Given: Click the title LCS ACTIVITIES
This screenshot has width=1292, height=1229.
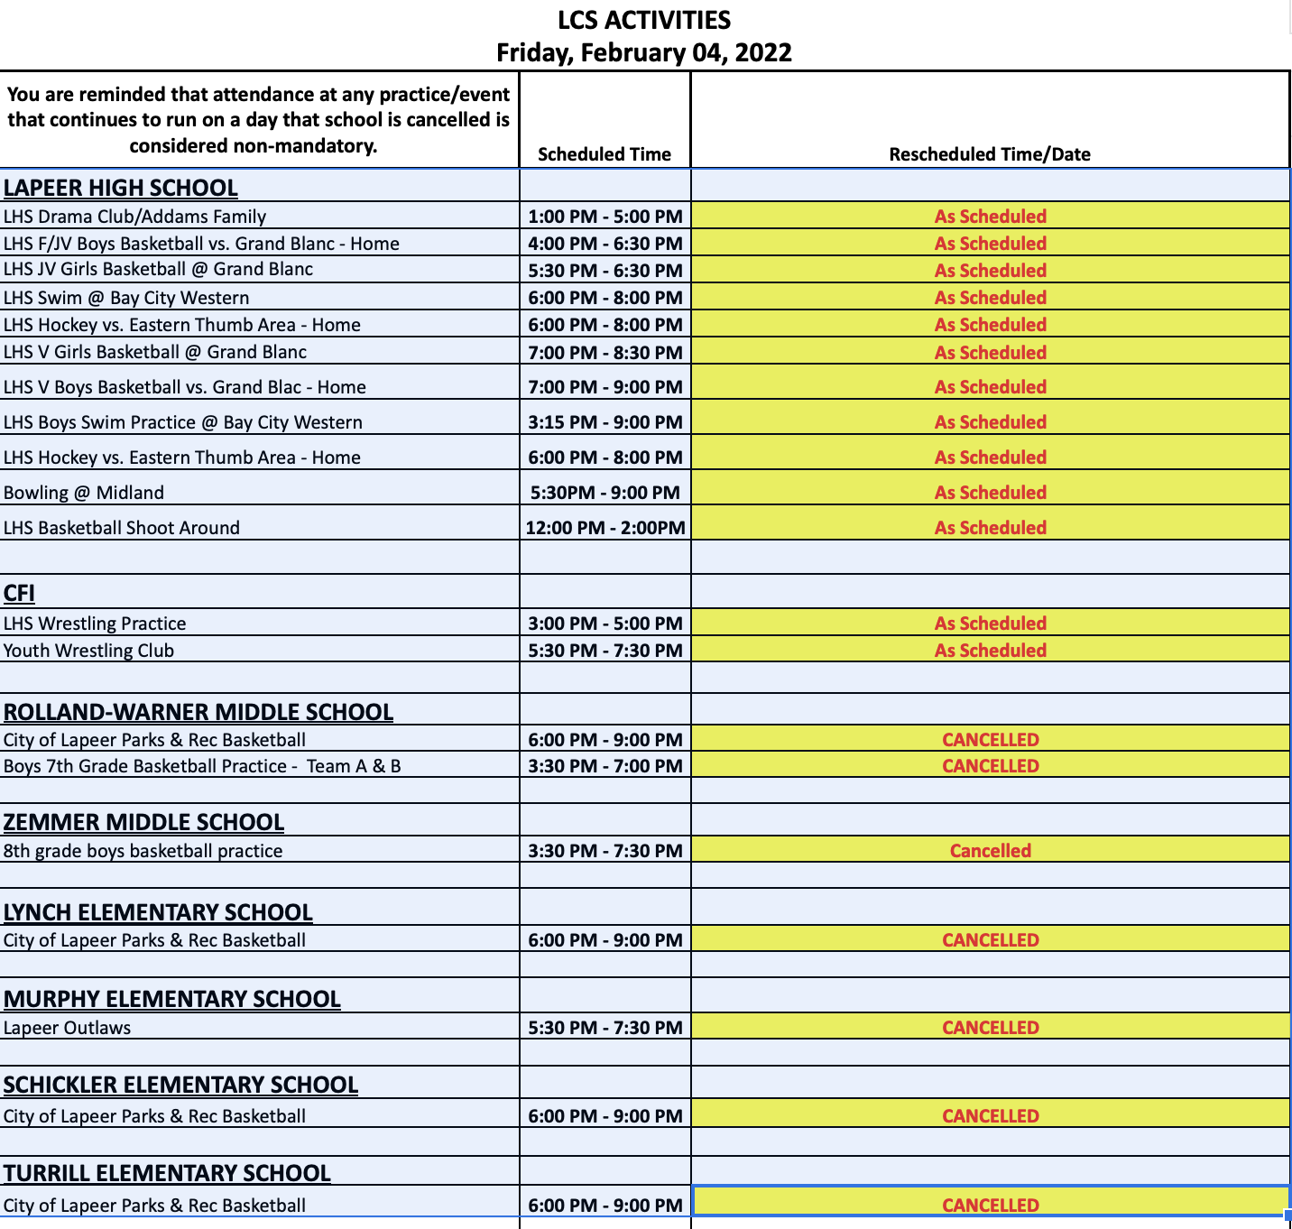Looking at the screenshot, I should coord(644,20).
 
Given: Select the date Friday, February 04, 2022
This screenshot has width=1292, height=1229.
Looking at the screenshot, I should coord(644,52).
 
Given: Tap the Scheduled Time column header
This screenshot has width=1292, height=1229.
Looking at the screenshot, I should coord(604,154).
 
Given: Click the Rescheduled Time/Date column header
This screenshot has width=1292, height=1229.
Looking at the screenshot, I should coord(990,154).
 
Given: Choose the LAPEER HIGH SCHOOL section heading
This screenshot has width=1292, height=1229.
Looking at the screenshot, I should coord(121,188).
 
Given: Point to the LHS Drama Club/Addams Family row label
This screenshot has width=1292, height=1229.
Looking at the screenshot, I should coord(135,217).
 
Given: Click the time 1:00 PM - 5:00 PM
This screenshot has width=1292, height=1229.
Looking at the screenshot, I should coord(605,217).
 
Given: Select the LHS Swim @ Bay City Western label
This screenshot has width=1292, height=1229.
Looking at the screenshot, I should coord(126,298).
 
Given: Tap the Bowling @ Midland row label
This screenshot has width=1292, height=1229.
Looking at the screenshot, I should coord(84,493).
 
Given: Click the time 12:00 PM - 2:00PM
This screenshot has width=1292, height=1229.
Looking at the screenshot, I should coord(605,528).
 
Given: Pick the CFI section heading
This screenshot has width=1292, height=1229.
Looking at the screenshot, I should coord(19,593).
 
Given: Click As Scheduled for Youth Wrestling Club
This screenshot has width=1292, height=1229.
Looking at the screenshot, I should coord(990,651).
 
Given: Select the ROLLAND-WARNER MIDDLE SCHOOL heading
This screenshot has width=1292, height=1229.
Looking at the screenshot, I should coord(198,712).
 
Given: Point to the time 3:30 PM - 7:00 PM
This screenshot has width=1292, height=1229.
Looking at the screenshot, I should coord(605,766).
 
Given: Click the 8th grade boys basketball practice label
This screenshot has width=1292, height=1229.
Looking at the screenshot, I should coord(143,851).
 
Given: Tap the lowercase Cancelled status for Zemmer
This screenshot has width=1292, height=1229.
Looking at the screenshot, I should coord(990,851).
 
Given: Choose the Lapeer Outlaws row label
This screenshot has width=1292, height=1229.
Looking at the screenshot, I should coord(68,1028).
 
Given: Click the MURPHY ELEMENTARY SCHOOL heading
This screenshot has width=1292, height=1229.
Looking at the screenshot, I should coord(172,999).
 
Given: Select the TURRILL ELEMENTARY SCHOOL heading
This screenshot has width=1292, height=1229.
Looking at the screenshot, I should coord(168,1173).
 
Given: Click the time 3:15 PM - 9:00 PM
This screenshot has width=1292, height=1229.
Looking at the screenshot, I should coord(605,422).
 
